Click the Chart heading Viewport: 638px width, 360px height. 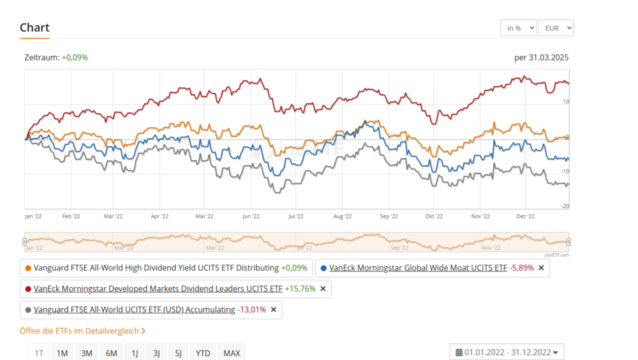[x=34, y=27]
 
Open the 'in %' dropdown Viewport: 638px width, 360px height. [x=518, y=28]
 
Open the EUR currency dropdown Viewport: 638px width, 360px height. [x=556, y=28]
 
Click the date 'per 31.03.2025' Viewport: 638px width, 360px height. [x=541, y=57]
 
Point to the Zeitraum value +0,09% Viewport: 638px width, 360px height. [x=75, y=57]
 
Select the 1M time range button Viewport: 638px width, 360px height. [x=62, y=353]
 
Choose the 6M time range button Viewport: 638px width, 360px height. [x=111, y=353]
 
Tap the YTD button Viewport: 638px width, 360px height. [x=203, y=353]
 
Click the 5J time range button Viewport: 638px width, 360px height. [x=179, y=353]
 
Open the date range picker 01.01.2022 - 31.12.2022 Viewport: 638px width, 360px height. [x=507, y=352]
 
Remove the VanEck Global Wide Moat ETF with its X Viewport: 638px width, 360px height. [x=541, y=268]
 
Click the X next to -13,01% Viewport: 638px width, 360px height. [x=274, y=310]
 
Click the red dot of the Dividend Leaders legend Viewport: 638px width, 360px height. [x=28, y=289]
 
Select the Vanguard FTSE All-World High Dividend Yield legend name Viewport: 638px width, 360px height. [x=156, y=268]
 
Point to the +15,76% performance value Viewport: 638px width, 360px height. [x=300, y=289]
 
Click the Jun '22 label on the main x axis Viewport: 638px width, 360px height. [x=251, y=216]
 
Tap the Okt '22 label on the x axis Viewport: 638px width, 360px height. [x=434, y=216]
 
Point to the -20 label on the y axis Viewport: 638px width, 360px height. [x=565, y=206]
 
